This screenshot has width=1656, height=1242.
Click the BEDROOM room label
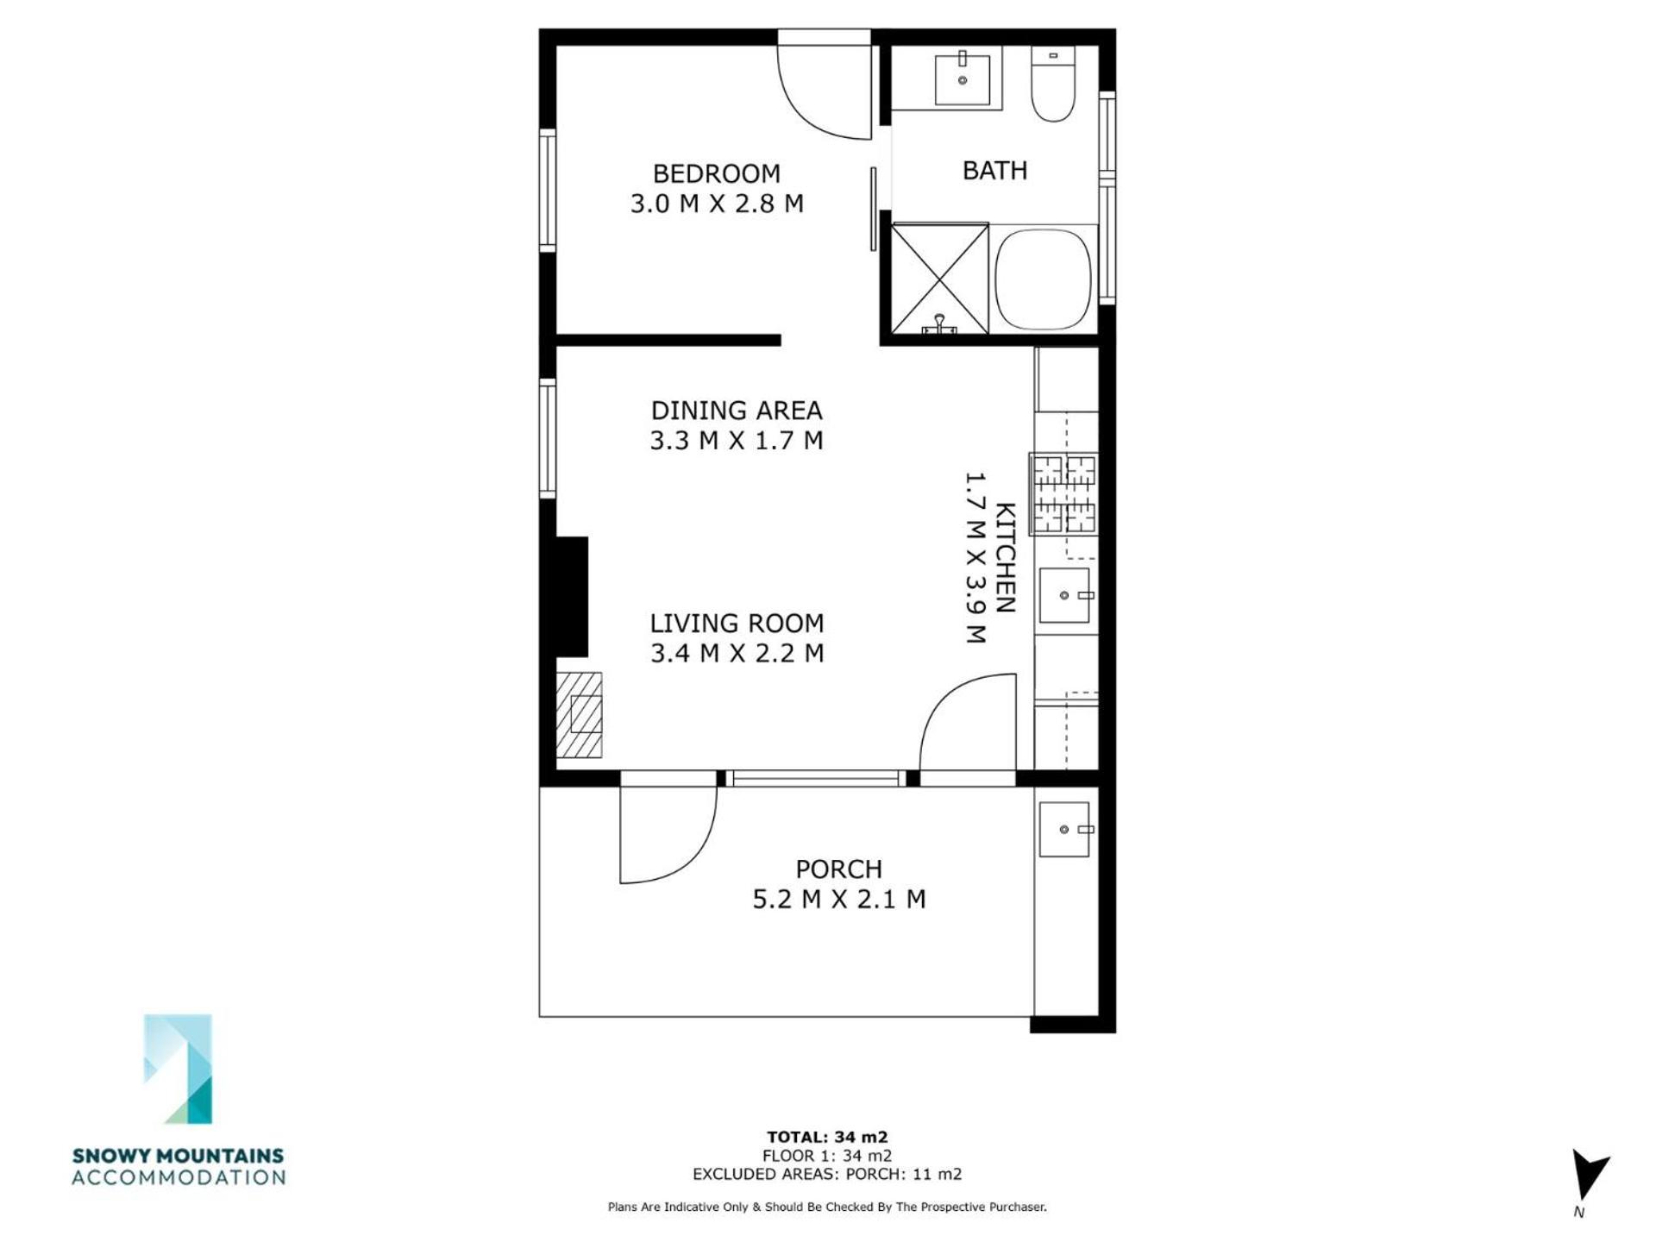coord(716,173)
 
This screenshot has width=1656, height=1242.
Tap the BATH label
coord(994,170)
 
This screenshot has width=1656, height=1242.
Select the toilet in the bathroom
coord(1053,84)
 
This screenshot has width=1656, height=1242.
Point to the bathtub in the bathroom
coord(1042,278)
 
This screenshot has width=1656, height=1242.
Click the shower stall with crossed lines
coord(939,278)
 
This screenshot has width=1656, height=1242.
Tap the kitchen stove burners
coord(1064,493)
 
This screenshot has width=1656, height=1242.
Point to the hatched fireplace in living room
coord(579,715)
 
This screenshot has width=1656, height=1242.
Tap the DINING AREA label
coord(737,410)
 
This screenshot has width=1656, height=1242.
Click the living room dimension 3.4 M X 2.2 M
coord(737,653)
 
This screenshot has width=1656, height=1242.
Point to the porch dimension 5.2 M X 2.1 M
coord(839,899)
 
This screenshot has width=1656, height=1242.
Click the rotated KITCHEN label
coord(1006,557)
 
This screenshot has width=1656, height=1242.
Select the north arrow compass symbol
coord(1587,1175)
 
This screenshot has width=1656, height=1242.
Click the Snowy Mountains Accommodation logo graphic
coord(178,1069)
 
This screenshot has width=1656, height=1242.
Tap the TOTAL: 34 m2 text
coord(827,1137)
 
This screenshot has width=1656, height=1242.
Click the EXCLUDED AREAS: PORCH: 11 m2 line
coord(827,1174)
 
